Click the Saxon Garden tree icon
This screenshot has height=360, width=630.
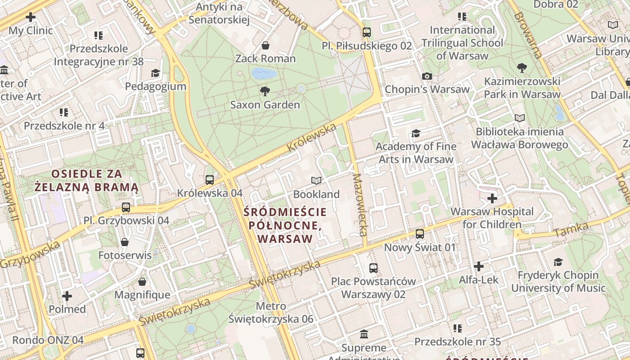[265, 91]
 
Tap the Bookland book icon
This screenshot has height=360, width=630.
[316, 180]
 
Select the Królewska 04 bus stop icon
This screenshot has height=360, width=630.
[210, 180]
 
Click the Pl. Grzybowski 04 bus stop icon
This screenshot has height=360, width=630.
[126, 207]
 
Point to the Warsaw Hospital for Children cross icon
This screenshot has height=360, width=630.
[492, 198]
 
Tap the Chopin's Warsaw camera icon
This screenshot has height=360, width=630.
[427, 76]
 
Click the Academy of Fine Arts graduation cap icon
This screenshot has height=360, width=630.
[416, 133]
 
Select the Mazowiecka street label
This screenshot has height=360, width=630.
[361, 205]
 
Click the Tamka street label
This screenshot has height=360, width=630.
[571, 230]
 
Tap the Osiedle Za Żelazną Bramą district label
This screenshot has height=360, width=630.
[87, 180]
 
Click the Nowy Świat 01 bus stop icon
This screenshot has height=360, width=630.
[419, 234]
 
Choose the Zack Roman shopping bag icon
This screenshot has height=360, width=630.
[265, 45]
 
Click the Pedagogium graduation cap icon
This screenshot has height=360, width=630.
[155, 73]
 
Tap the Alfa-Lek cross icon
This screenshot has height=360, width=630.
[479, 266]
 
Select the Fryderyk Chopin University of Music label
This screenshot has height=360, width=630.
[558, 281]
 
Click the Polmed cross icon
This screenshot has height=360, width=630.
[67, 296]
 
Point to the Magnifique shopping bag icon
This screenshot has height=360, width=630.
[142, 282]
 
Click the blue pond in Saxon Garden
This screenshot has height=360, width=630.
[264, 73]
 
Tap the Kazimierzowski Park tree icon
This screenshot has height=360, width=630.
[522, 68]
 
